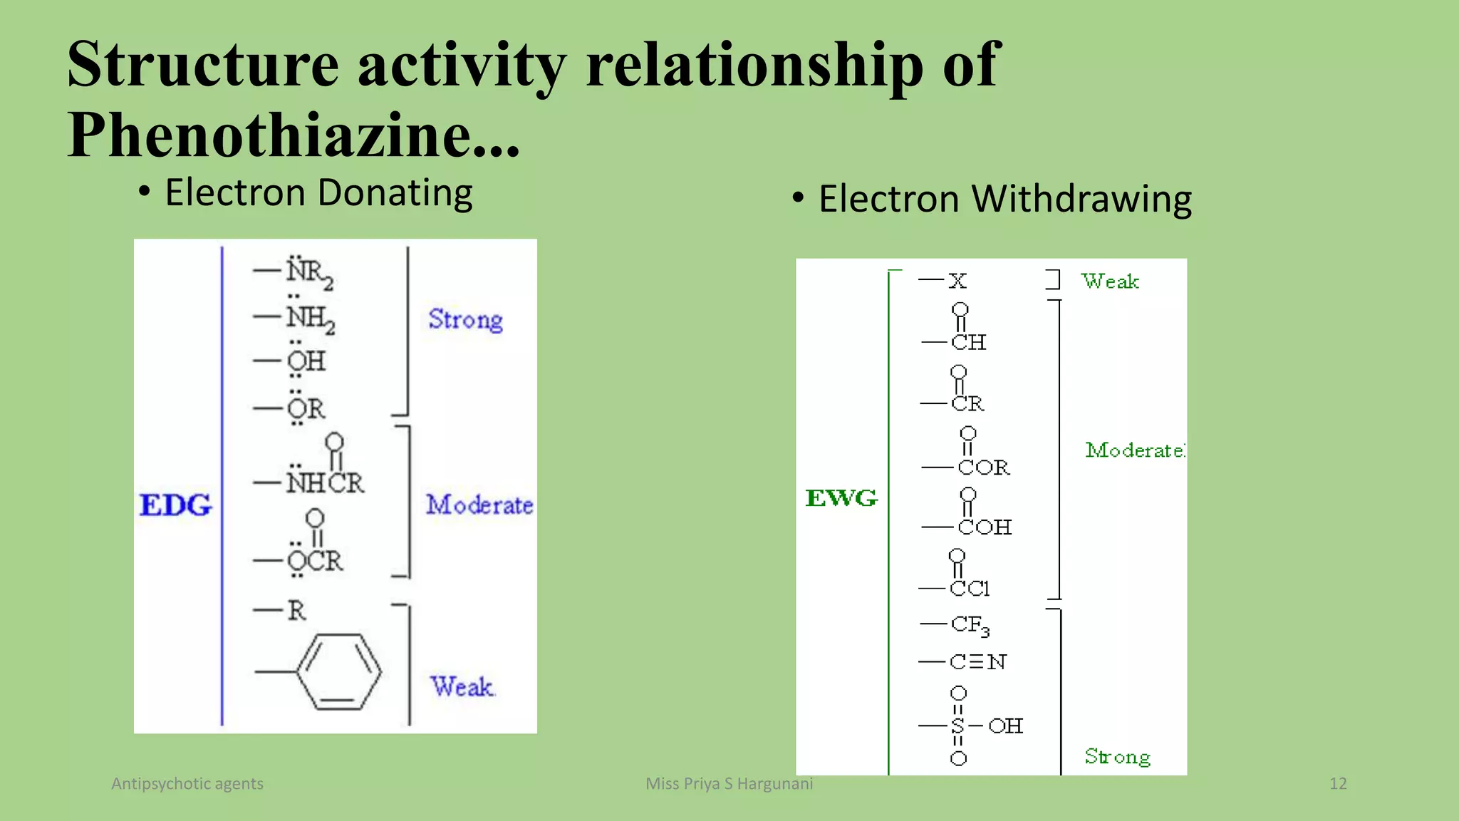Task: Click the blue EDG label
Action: [x=175, y=505]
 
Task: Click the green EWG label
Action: [x=841, y=497]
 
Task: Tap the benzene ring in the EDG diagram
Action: [x=339, y=672]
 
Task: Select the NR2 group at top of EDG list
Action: [x=309, y=272]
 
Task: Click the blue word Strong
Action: [x=465, y=319]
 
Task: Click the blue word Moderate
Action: [x=479, y=505]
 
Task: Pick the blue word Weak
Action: [x=462, y=686]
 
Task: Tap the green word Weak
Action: [x=1109, y=281]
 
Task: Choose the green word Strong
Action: [x=1117, y=756]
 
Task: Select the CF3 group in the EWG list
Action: [x=970, y=625]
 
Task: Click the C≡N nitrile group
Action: [x=977, y=662]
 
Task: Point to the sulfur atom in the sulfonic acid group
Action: [x=957, y=726]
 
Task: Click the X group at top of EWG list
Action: [x=957, y=281]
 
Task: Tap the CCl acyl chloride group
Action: [x=969, y=588]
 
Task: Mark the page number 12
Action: [x=1338, y=783]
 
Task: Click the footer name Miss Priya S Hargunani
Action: [x=729, y=783]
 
